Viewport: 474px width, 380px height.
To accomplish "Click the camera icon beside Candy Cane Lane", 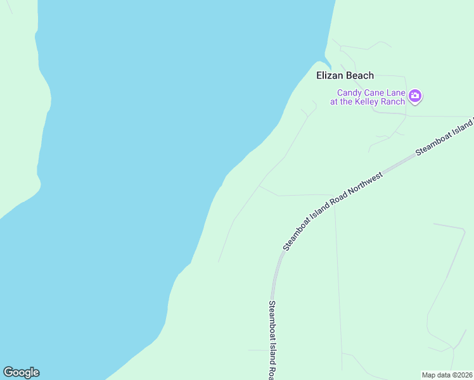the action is pyautogui.click(x=416, y=96).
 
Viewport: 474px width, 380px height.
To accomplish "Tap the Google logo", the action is pyautogui.click(x=21, y=372).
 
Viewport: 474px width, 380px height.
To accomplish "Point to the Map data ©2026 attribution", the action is pyautogui.click(x=447, y=375).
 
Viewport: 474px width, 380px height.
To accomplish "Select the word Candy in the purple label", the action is pyautogui.click(x=349, y=92).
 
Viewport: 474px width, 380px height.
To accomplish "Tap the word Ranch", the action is pyautogui.click(x=392, y=102).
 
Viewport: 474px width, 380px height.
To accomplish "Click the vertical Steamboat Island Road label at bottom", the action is pyautogui.click(x=271, y=339).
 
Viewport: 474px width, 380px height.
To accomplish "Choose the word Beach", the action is pyautogui.click(x=359, y=75).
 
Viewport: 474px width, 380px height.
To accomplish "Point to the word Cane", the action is pyautogui.click(x=375, y=92).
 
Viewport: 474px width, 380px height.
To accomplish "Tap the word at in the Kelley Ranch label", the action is pyautogui.click(x=334, y=102).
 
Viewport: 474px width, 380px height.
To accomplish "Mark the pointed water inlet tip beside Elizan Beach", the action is pyautogui.click(x=330, y=68).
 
